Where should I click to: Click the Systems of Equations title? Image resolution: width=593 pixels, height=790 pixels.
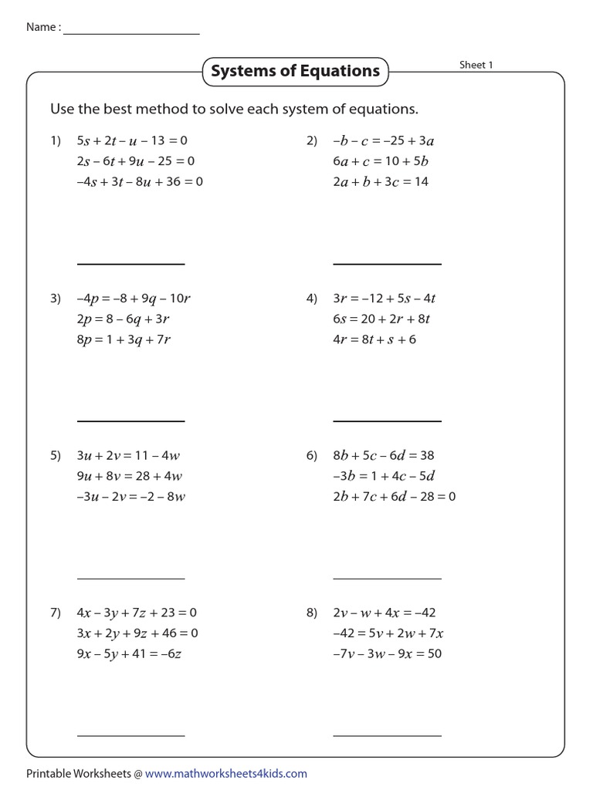point(295,72)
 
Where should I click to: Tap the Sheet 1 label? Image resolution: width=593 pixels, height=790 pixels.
point(476,65)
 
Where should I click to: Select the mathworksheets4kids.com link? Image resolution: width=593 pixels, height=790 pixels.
point(225,773)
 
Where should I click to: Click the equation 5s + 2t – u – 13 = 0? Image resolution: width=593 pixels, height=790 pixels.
point(132,141)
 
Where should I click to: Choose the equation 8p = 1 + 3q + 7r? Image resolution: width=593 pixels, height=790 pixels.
point(124,339)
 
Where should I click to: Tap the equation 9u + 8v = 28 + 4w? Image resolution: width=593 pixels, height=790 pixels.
point(129,476)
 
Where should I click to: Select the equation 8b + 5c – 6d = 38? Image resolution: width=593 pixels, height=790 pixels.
point(383,456)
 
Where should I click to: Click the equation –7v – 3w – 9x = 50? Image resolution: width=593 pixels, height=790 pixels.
point(387,653)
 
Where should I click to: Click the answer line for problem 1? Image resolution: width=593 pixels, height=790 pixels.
point(130,265)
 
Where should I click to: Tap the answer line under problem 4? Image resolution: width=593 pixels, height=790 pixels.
point(387,421)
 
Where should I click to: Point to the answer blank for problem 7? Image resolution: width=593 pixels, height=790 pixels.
point(130,736)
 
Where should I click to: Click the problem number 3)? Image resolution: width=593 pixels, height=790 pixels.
point(56,299)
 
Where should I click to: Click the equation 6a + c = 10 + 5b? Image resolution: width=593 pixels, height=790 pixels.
point(381,162)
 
